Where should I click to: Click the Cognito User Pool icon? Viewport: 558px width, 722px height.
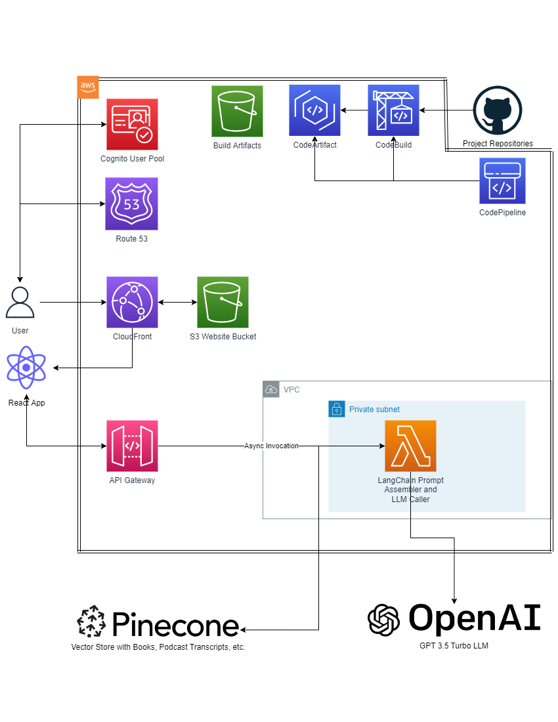coord(132,125)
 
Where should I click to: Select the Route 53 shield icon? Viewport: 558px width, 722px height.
coord(131,203)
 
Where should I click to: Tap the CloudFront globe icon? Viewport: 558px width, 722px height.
coord(132,302)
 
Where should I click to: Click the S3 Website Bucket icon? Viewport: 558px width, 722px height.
coord(223,302)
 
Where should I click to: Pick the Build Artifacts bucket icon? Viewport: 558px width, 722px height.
coord(237,111)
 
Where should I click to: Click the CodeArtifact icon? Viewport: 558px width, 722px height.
coord(314,110)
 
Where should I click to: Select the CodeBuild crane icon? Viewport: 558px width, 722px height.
coord(393,110)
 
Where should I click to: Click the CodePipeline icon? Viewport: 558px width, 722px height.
coord(502,180)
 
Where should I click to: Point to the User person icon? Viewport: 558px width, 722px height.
coord(20,303)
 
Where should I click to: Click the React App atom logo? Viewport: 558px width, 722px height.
coord(26,368)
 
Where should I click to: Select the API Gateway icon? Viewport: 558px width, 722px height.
coord(132,446)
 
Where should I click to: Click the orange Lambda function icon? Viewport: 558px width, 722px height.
coord(410,446)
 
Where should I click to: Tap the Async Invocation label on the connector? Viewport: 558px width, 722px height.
coord(271,446)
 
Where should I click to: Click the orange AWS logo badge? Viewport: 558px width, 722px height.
coord(88,87)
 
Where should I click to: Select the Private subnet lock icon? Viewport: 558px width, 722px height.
coord(336,409)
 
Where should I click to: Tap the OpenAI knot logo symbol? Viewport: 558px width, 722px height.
coord(384,620)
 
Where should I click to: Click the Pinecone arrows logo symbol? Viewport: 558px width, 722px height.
coord(91,622)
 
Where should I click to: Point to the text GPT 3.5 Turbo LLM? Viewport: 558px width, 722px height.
coord(454,646)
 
